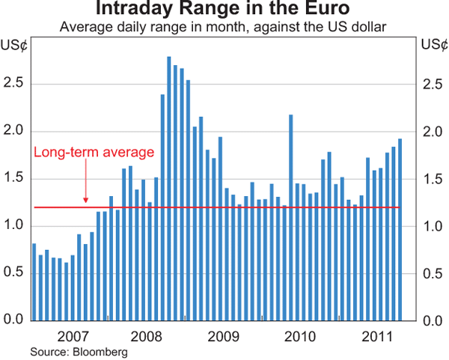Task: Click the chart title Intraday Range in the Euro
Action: click(224, 10)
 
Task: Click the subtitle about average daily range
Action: click(224, 28)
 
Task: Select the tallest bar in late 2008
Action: click(169, 187)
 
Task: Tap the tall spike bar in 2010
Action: click(290, 217)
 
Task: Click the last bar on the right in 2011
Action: click(400, 229)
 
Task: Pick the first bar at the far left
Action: click(34, 281)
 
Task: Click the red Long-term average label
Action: click(94, 152)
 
